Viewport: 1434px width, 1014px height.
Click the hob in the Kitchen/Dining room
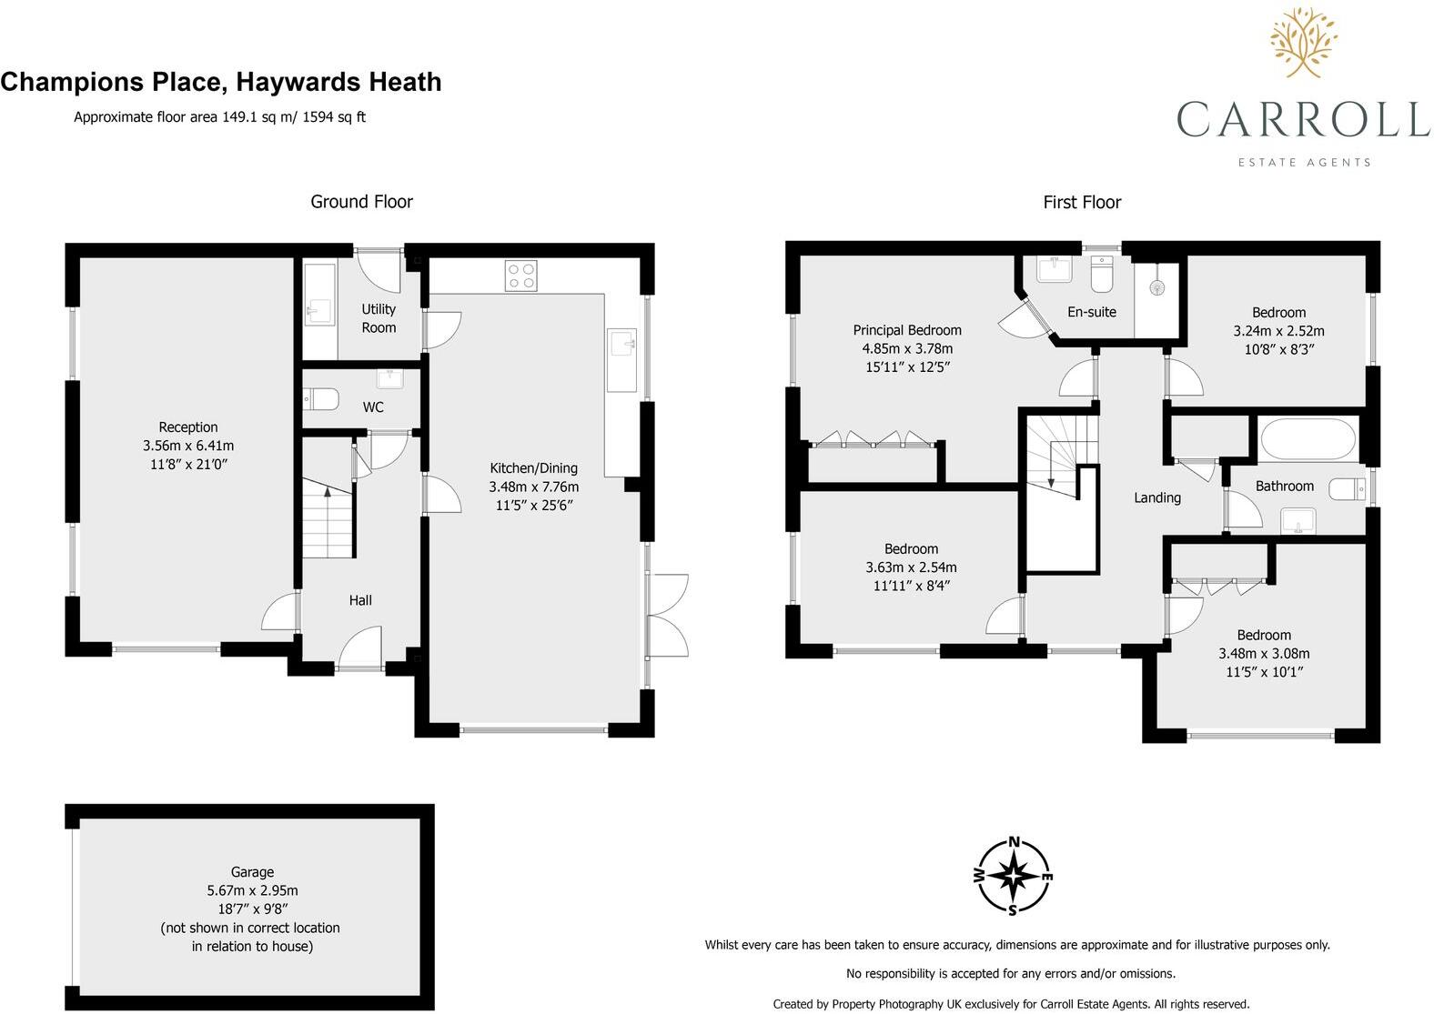(520, 276)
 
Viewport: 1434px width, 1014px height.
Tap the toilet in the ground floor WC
(321, 399)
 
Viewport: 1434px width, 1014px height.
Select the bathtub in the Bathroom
(1308, 438)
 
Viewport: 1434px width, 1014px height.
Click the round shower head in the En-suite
(1157, 287)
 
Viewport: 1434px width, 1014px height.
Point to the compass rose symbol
(1013, 876)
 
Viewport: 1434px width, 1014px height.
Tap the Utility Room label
(379, 318)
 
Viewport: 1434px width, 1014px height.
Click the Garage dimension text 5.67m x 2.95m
(252, 890)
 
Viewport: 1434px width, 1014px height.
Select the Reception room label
(188, 427)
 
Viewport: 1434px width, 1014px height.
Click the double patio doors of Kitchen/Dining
(667, 616)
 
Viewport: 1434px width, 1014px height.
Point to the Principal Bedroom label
(906, 330)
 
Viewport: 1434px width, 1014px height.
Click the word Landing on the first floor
(1156, 497)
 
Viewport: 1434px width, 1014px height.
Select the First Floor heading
(1081, 202)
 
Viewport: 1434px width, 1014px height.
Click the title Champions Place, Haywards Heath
(221, 82)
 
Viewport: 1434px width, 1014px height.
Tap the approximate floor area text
(219, 116)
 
